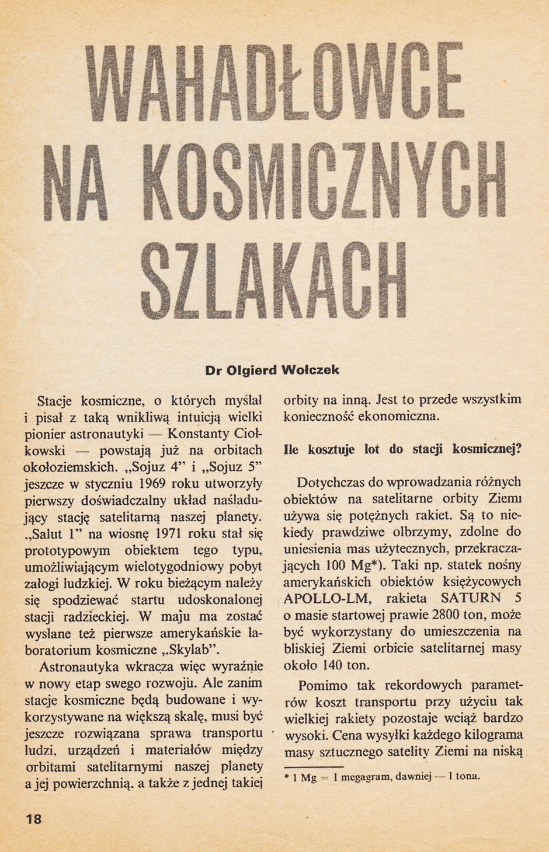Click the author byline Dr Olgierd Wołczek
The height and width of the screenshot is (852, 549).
[x=272, y=370]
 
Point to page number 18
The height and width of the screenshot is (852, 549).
[x=34, y=819]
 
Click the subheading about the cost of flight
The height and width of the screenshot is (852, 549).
[x=402, y=449]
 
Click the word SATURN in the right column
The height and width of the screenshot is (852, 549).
[x=471, y=598]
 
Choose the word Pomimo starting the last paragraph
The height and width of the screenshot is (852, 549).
[x=322, y=685]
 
